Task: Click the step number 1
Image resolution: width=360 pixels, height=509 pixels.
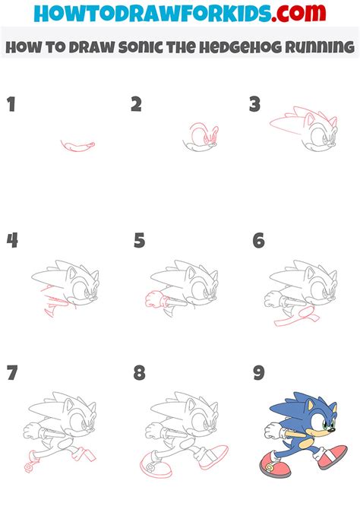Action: tap(11, 105)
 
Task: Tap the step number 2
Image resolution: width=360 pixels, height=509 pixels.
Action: tap(137, 105)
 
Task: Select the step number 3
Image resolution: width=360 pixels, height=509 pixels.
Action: tap(256, 105)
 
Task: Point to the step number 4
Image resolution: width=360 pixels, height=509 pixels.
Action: tap(12, 241)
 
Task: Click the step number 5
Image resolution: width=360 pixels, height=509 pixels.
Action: tap(139, 241)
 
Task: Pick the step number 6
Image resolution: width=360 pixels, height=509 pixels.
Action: tap(258, 241)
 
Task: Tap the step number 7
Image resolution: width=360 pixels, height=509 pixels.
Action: tap(11, 374)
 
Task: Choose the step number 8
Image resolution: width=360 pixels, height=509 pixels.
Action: tap(139, 374)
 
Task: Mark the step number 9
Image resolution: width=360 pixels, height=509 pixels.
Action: tap(258, 374)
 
